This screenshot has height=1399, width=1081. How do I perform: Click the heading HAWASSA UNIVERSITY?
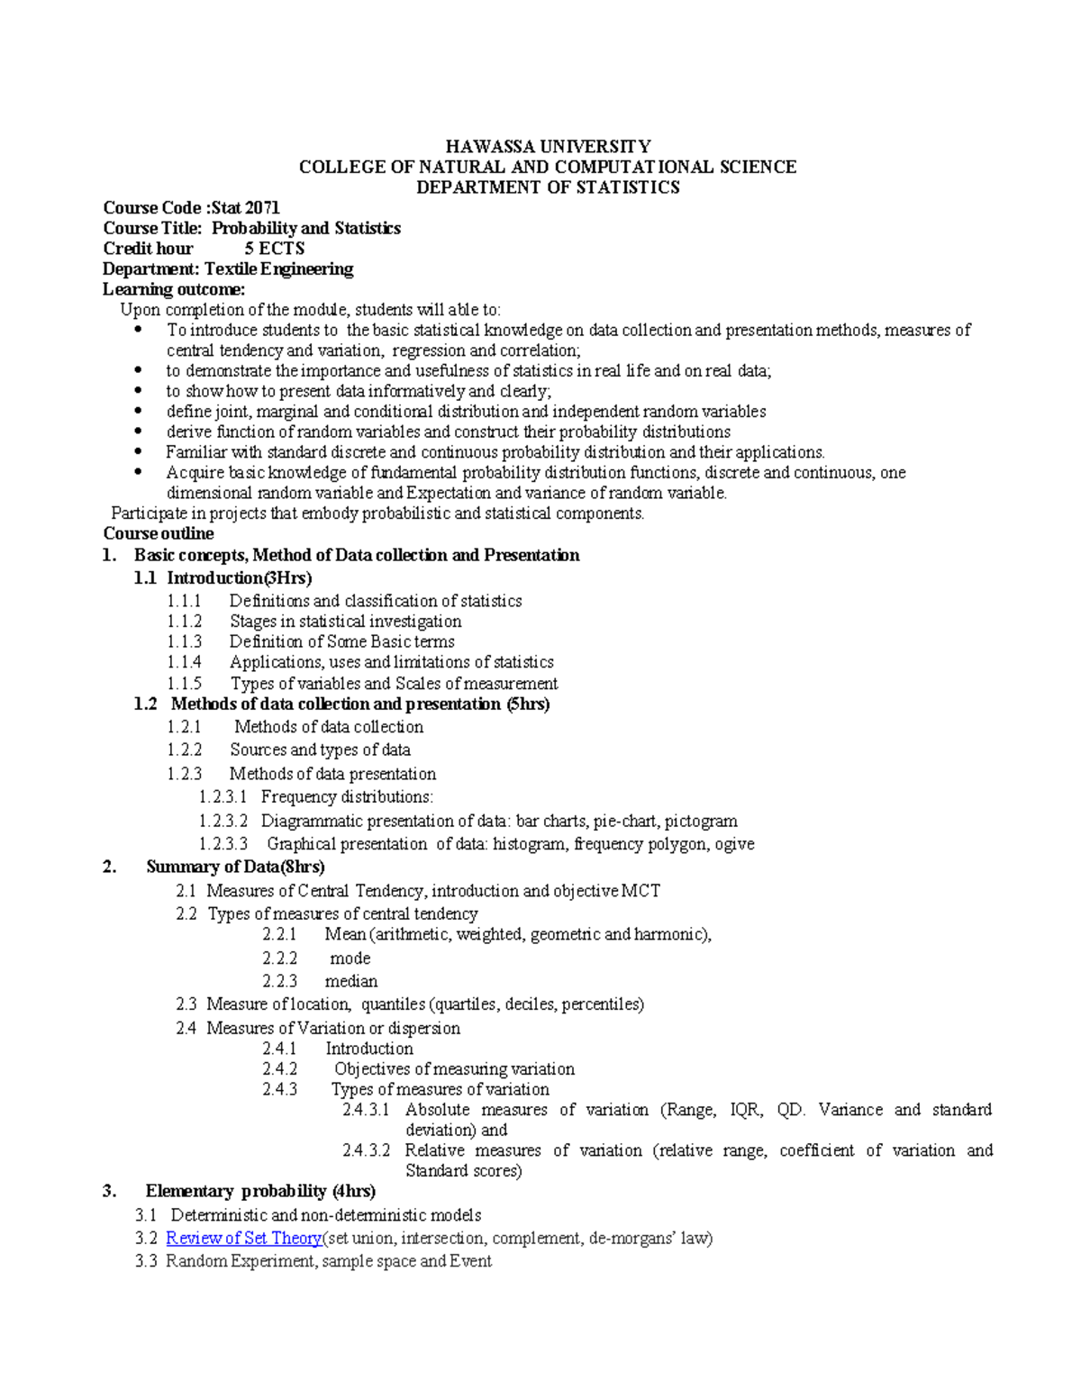click(x=548, y=147)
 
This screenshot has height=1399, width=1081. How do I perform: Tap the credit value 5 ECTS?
click(x=275, y=249)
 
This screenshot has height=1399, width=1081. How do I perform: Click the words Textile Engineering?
click(x=278, y=269)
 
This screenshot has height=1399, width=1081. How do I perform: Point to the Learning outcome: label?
click(x=174, y=289)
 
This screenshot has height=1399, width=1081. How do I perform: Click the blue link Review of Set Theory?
click(x=244, y=1239)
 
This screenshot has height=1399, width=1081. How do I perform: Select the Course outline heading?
click(x=159, y=534)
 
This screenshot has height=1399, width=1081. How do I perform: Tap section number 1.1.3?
click(x=185, y=642)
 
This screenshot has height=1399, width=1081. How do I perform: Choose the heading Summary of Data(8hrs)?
click(x=235, y=868)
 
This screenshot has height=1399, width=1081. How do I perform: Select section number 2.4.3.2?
click(x=367, y=1151)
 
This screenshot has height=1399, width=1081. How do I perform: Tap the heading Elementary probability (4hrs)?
click(x=260, y=1192)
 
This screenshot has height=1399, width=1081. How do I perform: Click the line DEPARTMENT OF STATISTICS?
click(x=548, y=187)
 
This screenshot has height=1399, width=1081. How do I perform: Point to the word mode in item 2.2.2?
click(x=350, y=958)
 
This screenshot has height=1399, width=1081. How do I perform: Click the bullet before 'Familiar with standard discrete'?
click(x=138, y=452)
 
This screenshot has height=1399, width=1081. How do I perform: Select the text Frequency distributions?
click(x=347, y=797)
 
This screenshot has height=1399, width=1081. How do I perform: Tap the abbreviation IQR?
click(x=745, y=1110)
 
